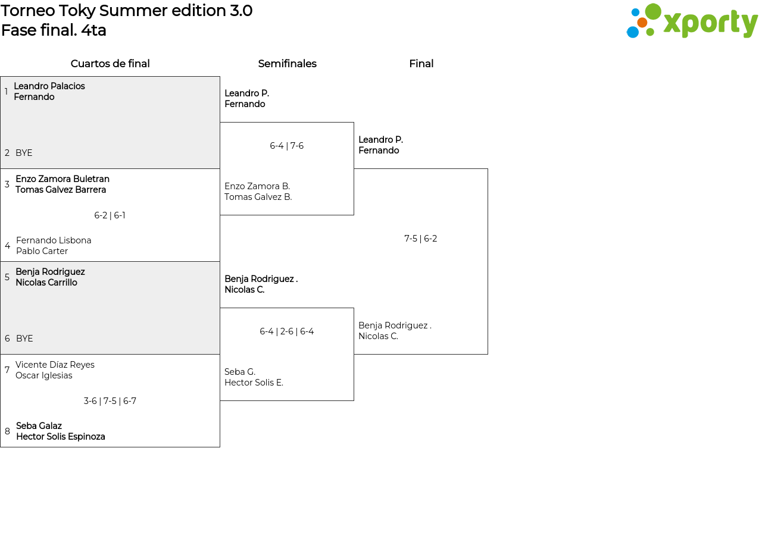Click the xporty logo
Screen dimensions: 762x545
[x=692, y=21]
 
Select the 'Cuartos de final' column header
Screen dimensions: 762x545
[x=110, y=64]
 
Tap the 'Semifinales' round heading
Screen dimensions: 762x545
[x=287, y=64]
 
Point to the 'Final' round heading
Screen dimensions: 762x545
[x=421, y=64]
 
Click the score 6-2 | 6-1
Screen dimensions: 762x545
[x=110, y=215]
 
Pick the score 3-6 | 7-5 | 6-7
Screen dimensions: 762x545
[x=110, y=401]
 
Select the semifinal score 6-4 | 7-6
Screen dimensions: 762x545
[x=286, y=146]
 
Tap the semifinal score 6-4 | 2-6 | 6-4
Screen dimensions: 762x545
[x=286, y=331]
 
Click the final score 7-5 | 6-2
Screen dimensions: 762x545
[x=420, y=239]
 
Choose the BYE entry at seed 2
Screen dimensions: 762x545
[x=24, y=153]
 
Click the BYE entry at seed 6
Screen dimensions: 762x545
[x=24, y=339]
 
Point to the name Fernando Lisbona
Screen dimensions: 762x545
[x=54, y=240]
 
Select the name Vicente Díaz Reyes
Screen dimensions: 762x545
[x=55, y=365]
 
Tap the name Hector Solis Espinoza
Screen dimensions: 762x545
[x=61, y=436]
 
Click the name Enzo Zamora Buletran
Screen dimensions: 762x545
[x=63, y=179]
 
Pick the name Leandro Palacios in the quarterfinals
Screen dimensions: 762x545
[x=49, y=86]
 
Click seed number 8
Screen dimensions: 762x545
[x=7, y=431]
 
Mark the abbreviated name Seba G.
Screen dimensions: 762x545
[x=240, y=372]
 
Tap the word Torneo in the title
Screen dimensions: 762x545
[x=28, y=11]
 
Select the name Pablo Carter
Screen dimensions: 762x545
[x=42, y=251]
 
